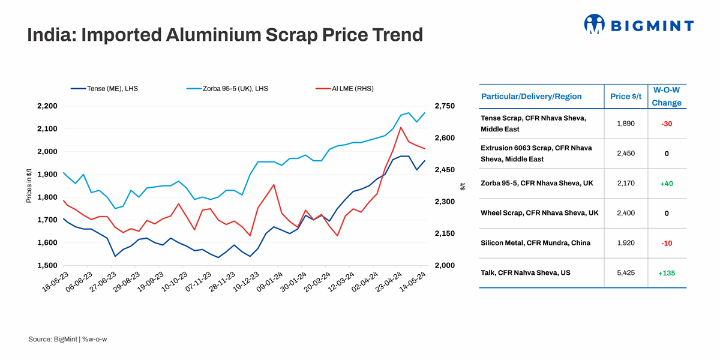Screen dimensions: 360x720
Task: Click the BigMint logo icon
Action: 594,24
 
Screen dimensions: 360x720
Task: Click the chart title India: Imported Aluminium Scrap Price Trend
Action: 225,35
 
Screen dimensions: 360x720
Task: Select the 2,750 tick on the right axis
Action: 445,106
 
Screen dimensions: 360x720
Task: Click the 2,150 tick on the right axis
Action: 445,233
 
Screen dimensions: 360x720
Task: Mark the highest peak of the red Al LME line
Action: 400,127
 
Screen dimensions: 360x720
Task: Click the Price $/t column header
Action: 626,96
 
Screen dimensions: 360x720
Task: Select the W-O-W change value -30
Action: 666,124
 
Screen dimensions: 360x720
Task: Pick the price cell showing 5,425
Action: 626,273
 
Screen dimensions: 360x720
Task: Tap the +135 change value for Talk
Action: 666,273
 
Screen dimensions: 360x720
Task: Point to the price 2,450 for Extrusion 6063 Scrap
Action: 626,154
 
